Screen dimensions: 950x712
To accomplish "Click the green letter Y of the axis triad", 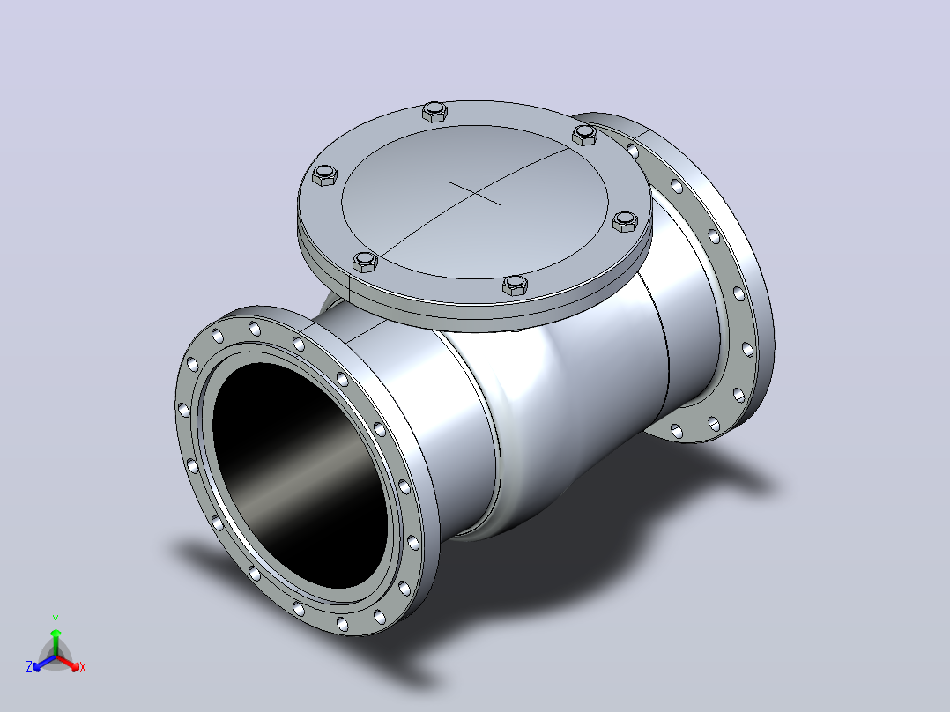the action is (56, 620).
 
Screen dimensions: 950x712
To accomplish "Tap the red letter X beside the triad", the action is (83, 667).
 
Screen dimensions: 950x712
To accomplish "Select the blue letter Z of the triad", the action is (29, 667).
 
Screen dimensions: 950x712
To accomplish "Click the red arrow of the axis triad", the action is (68, 662).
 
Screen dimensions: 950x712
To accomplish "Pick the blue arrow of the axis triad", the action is (44, 663).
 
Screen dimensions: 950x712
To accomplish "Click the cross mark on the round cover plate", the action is (475, 193).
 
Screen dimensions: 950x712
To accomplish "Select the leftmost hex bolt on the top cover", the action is (324, 174).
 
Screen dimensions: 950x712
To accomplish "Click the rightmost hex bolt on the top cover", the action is (626, 221).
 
